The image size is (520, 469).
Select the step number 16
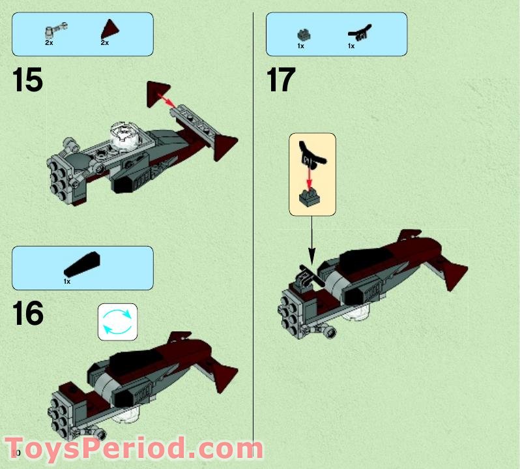[x=28, y=314]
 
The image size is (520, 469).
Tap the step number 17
[x=281, y=81]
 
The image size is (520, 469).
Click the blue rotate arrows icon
[x=118, y=322]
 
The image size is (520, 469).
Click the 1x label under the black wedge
[x=67, y=281]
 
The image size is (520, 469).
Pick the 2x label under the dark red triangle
[x=104, y=42]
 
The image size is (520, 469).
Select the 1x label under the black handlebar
[x=351, y=46]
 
